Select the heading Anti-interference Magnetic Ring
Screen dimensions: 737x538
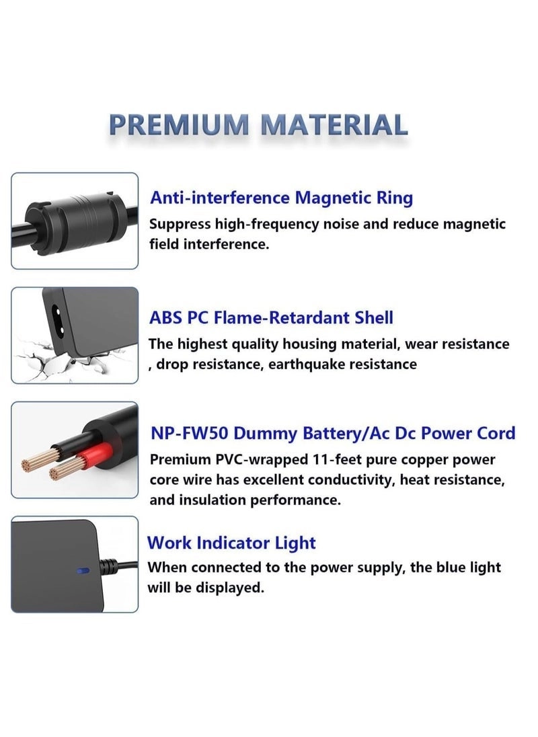[281, 198]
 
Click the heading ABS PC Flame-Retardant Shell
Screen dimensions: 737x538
[271, 317]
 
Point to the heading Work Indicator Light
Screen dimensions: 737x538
[231, 543]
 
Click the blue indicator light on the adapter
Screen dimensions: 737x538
[83, 571]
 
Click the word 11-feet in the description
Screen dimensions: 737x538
[319, 460]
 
